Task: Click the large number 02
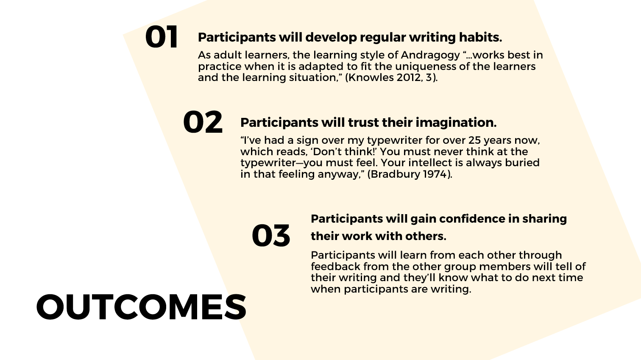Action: click(203, 122)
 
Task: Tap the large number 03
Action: click(271, 235)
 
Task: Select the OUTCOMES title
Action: click(141, 307)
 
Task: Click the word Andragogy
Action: click(430, 56)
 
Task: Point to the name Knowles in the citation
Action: click(371, 78)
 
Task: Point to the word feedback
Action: click(336, 266)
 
